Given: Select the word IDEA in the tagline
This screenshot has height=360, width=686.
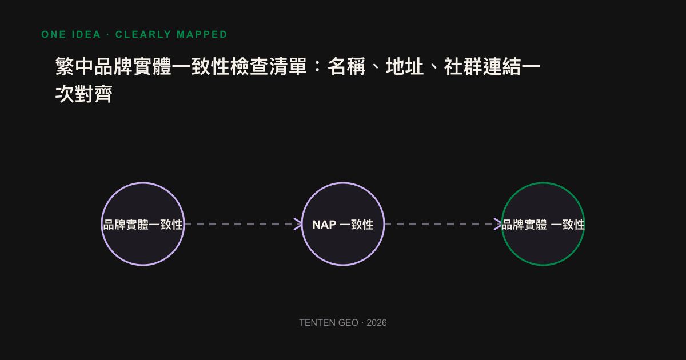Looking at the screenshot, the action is [x=86, y=34].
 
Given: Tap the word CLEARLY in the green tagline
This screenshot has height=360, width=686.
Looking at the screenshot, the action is [x=143, y=34].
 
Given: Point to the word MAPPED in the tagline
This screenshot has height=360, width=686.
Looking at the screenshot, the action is [x=202, y=34].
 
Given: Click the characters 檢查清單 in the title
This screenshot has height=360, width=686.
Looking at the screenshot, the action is [x=269, y=66].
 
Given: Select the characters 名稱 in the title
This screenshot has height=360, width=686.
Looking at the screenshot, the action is [x=346, y=66].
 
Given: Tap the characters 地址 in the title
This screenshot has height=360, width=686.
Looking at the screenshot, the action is [x=405, y=66].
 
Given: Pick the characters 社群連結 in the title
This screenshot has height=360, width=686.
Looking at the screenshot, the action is [x=482, y=66].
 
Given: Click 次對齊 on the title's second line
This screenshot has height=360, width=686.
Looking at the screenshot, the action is [x=84, y=94].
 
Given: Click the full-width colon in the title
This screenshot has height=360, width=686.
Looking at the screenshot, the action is [x=317, y=67].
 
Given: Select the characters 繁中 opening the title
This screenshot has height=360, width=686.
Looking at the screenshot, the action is [x=74, y=66].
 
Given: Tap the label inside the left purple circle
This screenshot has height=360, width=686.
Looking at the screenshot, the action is [x=143, y=225].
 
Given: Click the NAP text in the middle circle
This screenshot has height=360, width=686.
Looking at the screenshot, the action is [x=324, y=225].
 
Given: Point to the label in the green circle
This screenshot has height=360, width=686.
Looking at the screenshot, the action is [x=543, y=225].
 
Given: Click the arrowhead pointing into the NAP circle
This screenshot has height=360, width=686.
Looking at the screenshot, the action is [x=298, y=224].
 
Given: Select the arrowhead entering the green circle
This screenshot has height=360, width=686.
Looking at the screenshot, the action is [x=498, y=224].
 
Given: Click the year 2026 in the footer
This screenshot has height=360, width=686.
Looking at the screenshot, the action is [x=377, y=323].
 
